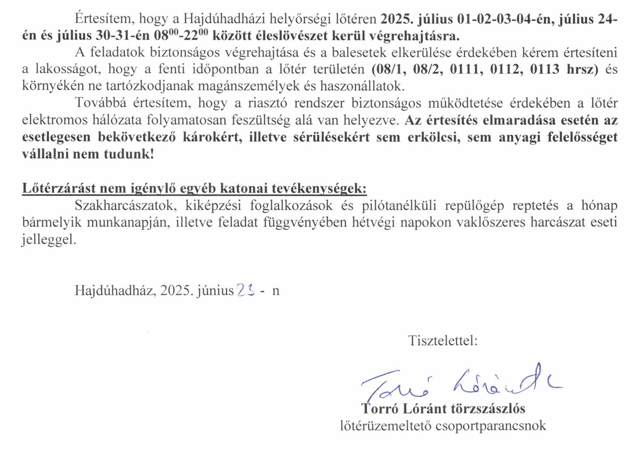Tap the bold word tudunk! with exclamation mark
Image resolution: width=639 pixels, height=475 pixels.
[129, 155]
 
